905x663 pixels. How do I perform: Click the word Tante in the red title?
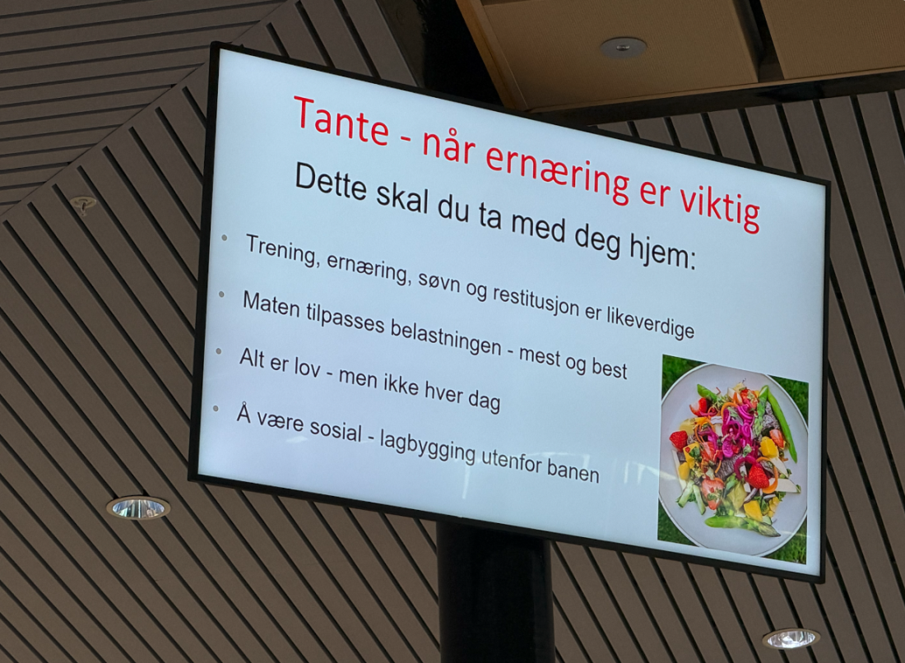(x=341, y=123)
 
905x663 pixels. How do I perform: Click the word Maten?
(x=271, y=305)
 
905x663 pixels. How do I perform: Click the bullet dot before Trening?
(x=225, y=238)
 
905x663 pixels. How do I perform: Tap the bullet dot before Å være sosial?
(x=216, y=409)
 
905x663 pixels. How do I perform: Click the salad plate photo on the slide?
(x=733, y=459)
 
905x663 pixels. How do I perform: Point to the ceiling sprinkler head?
(x=83, y=204)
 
